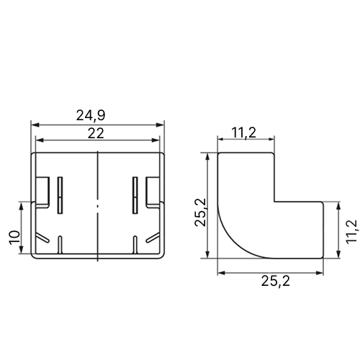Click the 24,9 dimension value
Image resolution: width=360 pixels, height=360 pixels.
tap(91, 116)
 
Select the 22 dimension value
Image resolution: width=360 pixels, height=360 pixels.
tap(96, 133)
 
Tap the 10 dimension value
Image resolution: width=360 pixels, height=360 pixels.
tap(14, 238)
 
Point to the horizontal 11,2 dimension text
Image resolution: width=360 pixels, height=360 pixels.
tap(244, 133)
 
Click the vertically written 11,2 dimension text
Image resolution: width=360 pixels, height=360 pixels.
tap(352, 232)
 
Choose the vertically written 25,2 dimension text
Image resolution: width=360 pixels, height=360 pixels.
tap(200, 212)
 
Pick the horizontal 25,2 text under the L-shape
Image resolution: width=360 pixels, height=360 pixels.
tap(276, 281)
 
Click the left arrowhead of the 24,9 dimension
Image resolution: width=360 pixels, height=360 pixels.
tap(35, 125)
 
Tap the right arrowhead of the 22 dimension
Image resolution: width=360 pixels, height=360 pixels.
tap(156, 140)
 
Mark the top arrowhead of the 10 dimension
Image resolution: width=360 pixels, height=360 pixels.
tap(22, 206)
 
